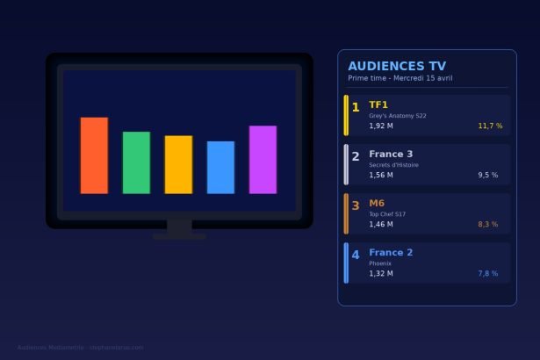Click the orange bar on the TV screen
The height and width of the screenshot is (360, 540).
click(94, 155)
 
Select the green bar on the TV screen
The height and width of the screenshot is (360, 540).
click(136, 162)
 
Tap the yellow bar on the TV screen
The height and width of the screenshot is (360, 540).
click(178, 164)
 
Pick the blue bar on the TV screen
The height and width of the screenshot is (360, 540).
click(220, 167)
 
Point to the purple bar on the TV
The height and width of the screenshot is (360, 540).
click(263, 159)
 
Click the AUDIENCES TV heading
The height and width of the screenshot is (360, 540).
click(397, 66)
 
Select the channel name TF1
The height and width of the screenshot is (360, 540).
click(378, 105)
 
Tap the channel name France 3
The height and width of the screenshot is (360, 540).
click(391, 155)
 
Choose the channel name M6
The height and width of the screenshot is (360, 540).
click(377, 204)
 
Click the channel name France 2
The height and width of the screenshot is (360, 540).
click(391, 253)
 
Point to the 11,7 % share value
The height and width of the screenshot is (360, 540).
click(490, 126)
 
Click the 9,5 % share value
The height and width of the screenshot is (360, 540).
click(487, 176)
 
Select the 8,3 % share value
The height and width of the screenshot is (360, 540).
click(487, 225)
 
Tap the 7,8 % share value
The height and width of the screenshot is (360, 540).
click(487, 274)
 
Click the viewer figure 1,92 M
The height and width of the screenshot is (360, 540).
click(381, 126)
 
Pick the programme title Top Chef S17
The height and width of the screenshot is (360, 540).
click(387, 214)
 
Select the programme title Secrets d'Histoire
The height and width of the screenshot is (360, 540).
click(393, 165)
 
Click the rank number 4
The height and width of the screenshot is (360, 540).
click(356, 256)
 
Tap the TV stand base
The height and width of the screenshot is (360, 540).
click(179, 236)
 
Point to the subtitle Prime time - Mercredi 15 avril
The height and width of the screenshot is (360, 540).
click(400, 78)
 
